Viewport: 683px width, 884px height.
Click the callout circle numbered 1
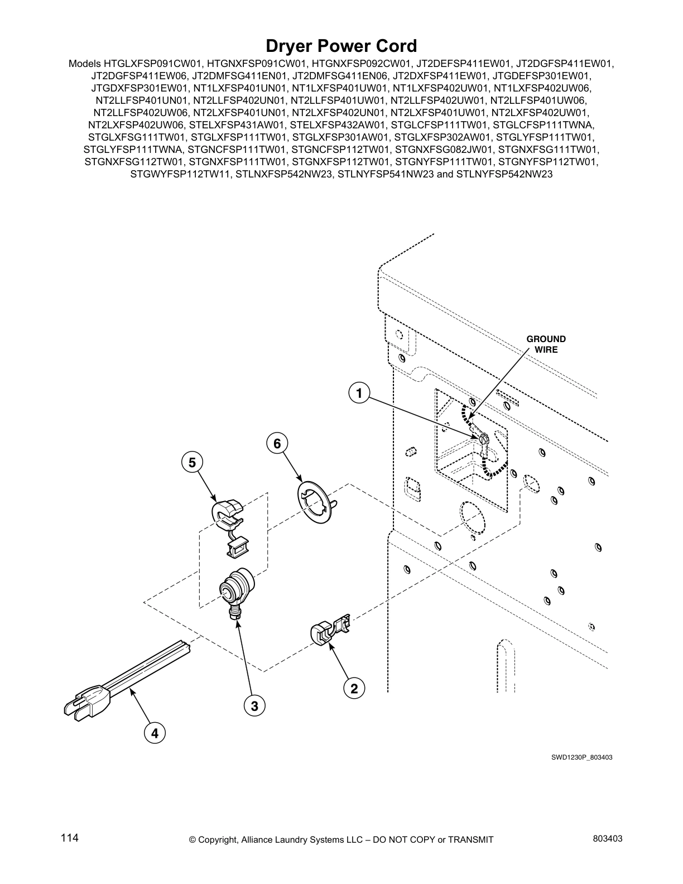(x=359, y=393)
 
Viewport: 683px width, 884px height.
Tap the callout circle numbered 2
(x=354, y=689)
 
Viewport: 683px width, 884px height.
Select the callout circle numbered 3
(x=254, y=707)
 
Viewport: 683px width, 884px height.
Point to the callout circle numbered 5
(x=192, y=462)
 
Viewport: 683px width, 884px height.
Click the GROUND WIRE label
(x=546, y=344)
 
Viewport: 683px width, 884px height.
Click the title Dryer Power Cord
(x=341, y=45)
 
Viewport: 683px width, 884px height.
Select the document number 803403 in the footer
(x=607, y=838)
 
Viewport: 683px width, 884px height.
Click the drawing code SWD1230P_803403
(x=575, y=758)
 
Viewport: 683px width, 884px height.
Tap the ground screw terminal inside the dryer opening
(x=483, y=440)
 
